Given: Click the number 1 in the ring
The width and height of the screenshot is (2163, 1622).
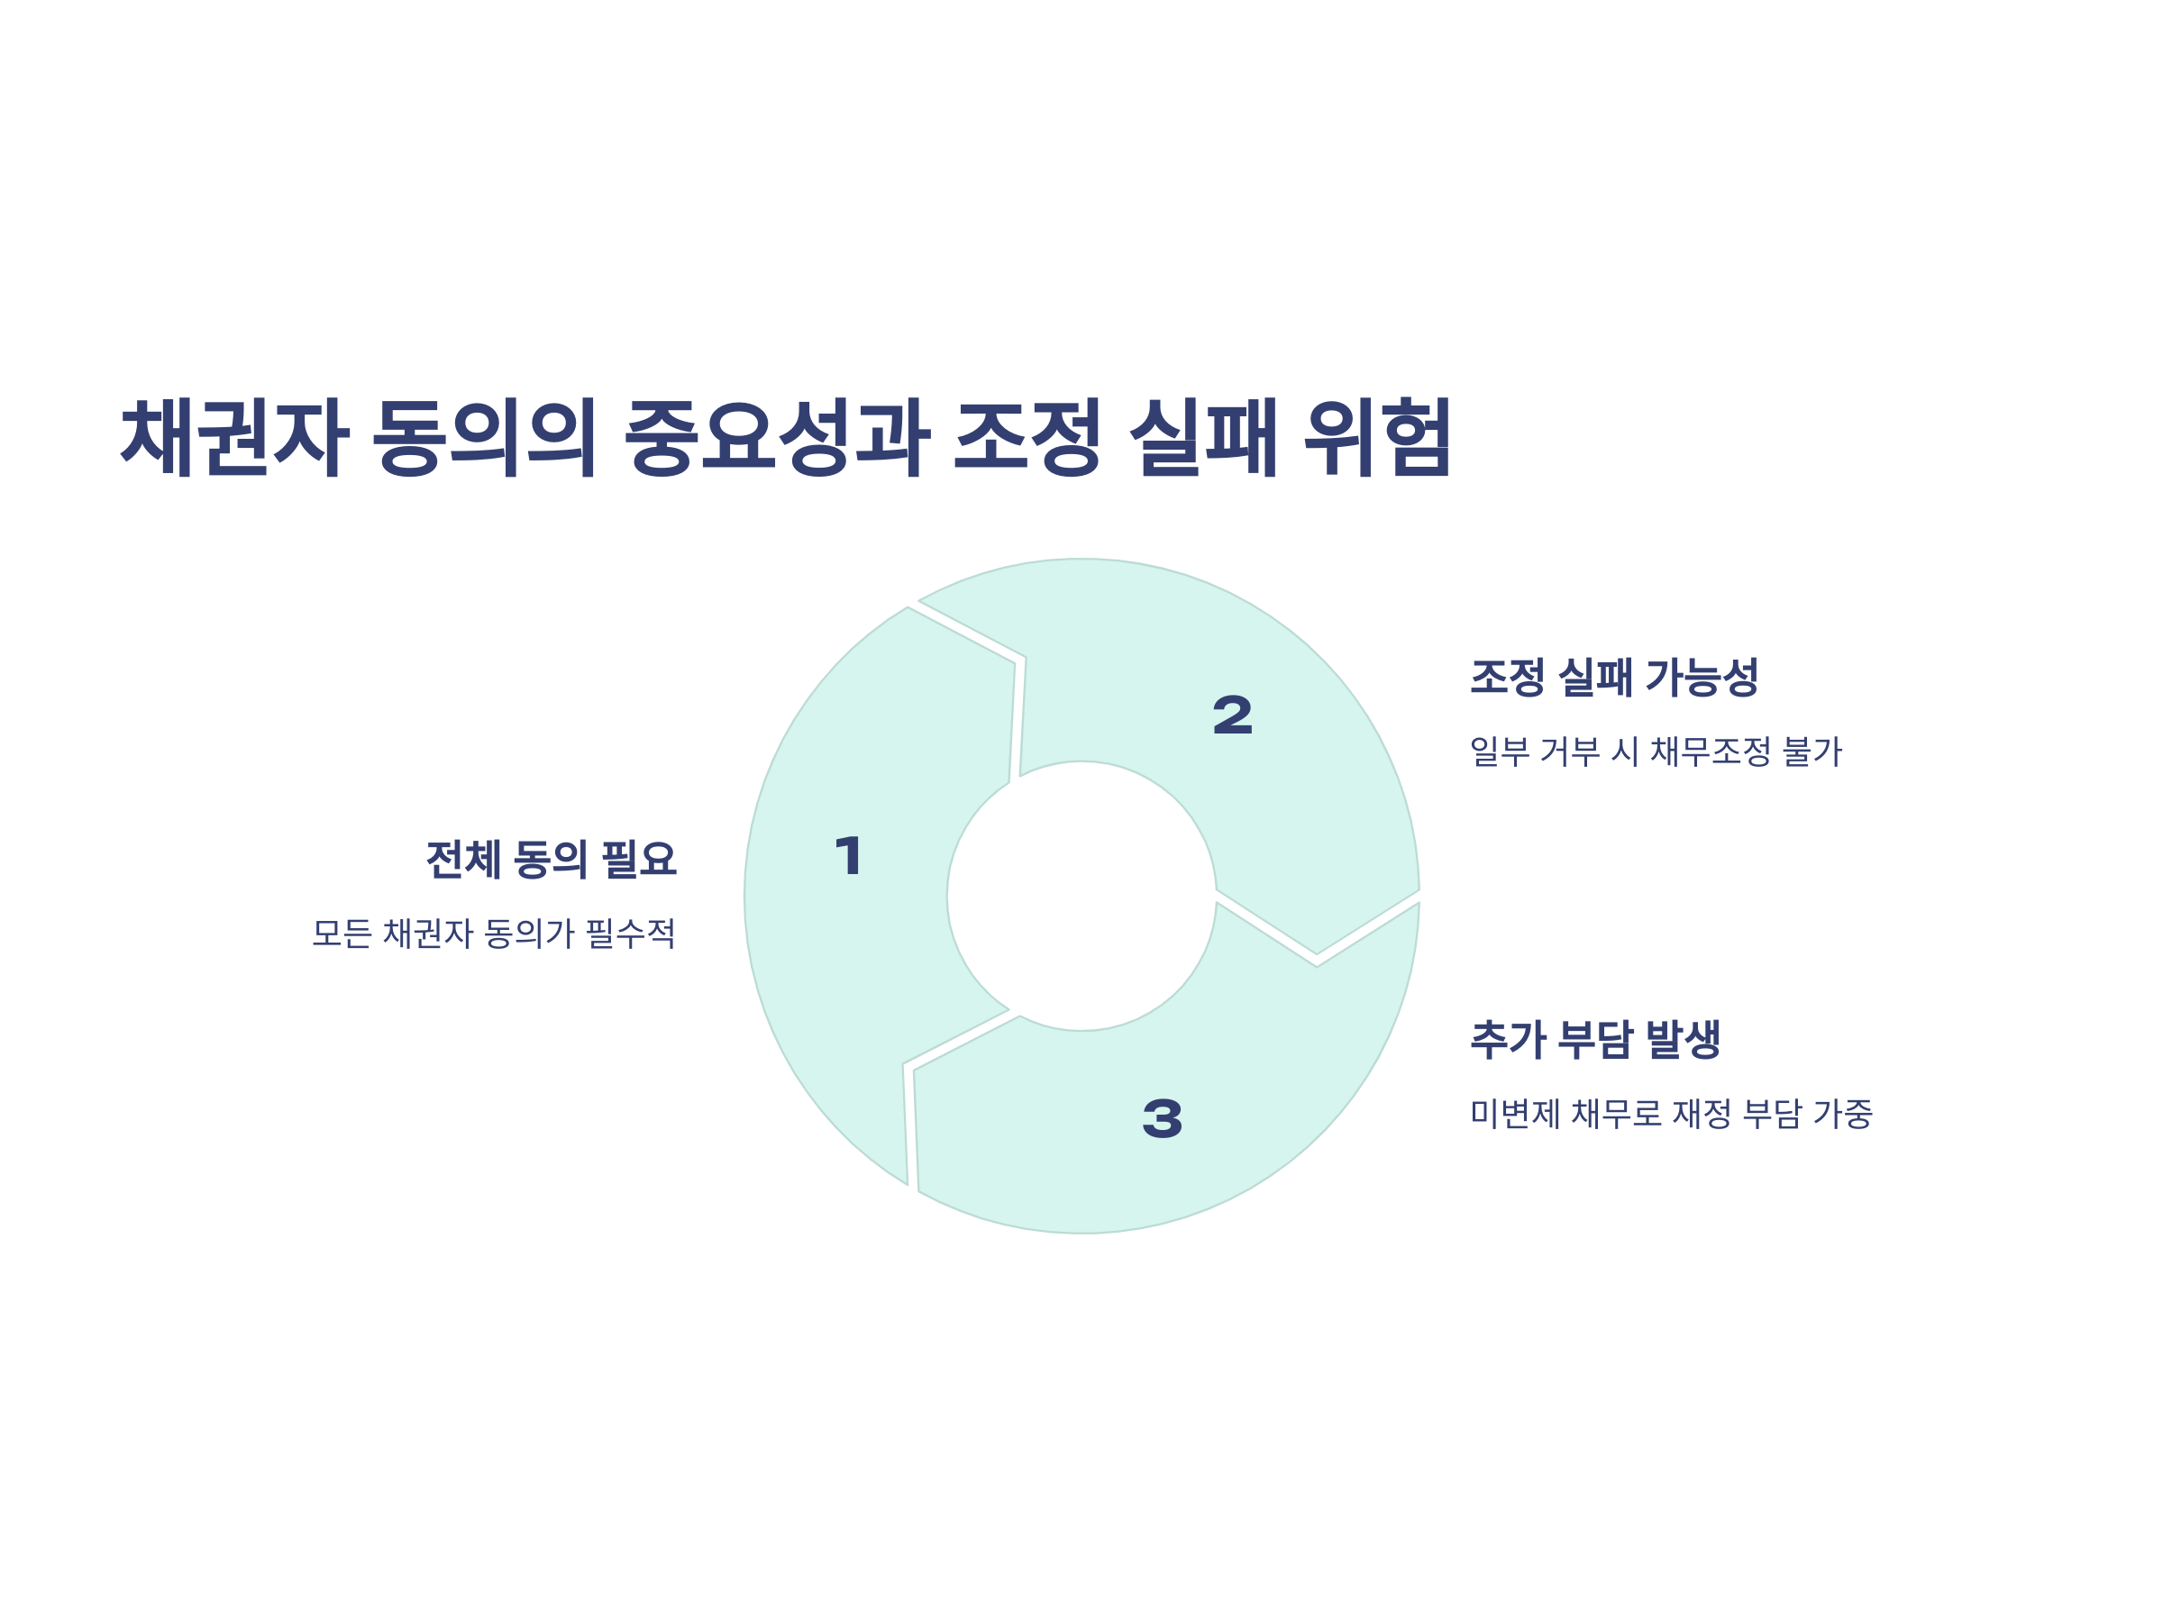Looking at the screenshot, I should pyautogui.click(x=849, y=855).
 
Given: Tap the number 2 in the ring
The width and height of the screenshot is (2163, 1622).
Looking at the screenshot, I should pyautogui.click(x=1232, y=715).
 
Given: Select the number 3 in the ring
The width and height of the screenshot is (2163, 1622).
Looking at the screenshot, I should pyautogui.click(x=1162, y=1118).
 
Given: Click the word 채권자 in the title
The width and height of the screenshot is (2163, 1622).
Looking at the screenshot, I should pyautogui.click(x=233, y=437).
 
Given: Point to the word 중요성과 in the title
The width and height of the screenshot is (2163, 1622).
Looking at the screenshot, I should pyautogui.click(x=778, y=437).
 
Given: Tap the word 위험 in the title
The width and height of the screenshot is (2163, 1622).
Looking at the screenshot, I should pyautogui.click(x=1378, y=437).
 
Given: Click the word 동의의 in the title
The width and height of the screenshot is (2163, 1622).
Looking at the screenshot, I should pyautogui.click(x=484, y=437).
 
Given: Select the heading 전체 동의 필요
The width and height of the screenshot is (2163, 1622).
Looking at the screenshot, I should pyautogui.click(x=552, y=860).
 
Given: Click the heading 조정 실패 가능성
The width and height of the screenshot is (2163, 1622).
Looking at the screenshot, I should pyautogui.click(x=1613, y=677).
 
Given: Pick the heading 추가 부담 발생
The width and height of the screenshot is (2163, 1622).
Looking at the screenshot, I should pyautogui.click(x=1595, y=1039).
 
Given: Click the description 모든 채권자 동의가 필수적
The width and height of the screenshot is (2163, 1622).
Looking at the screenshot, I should pyautogui.click(x=494, y=934).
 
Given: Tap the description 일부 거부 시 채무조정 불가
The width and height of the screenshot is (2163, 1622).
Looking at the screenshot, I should pyautogui.click(x=1656, y=752).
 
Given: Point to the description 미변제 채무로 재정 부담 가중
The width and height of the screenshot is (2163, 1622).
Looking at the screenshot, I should pyautogui.click(x=1671, y=1114).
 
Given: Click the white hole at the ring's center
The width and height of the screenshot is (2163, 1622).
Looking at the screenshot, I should pyautogui.click(x=1081, y=896).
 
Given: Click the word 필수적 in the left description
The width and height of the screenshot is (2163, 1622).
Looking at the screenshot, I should pyautogui.click(x=631, y=934).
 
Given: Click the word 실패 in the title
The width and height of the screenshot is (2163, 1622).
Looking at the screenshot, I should pyautogui.click(x=1204, y=437).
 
